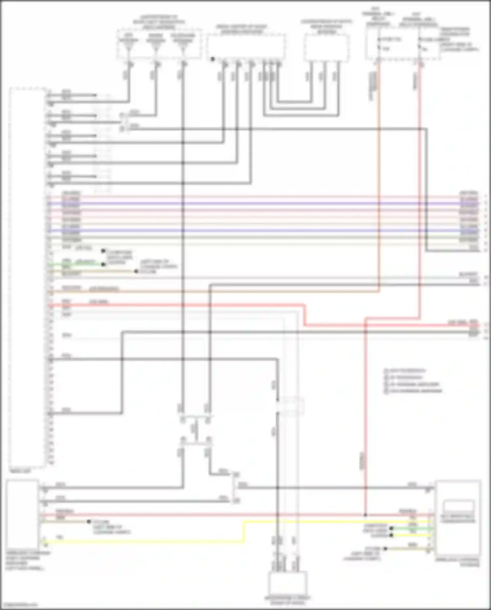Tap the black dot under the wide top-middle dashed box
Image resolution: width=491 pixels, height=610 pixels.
pos(213,59)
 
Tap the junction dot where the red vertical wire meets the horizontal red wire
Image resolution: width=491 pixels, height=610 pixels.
pos(366,515)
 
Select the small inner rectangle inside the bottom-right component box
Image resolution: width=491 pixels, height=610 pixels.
pos(458,506)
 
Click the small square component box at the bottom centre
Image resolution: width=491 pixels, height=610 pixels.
pos(287,584)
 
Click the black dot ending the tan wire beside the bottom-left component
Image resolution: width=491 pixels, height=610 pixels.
pos(89,521)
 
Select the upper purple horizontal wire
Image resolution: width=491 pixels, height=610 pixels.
pos(262,204)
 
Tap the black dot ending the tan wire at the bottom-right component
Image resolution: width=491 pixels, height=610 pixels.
pos(385,549)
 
